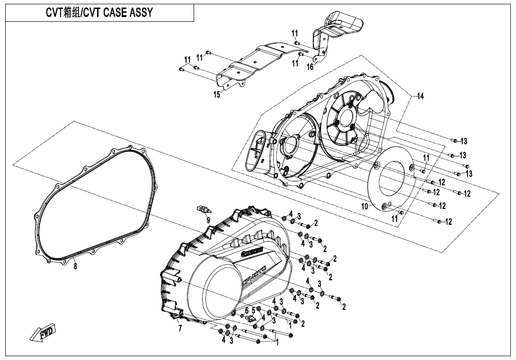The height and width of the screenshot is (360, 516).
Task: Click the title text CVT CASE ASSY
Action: (x=99, y=13)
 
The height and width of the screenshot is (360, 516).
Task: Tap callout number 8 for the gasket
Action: (x=75, y=265)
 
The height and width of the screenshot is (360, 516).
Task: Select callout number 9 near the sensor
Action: (x=208, y=220)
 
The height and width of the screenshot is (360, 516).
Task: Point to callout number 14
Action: (x=420, y=96)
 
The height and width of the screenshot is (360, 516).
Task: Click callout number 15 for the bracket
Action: (x=217, y=95)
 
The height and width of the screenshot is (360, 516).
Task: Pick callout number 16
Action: (x=310, y=67)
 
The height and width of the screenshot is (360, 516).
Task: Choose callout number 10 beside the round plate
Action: (x=365, y=207)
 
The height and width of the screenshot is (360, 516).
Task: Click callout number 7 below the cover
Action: (x=180, y=329)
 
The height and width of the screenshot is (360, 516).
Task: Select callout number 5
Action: (x=253, y=310)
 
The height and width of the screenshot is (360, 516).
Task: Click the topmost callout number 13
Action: (x=463, y=141)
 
